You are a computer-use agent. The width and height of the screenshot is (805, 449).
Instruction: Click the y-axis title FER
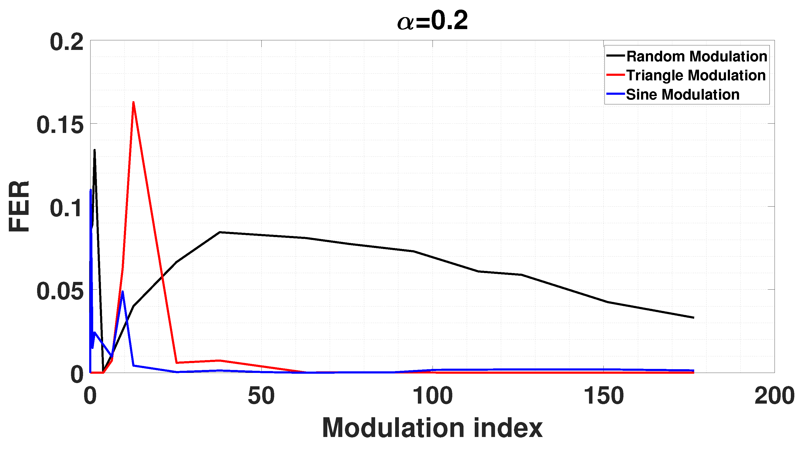19,206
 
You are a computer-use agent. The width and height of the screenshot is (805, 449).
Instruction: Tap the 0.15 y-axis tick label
60,125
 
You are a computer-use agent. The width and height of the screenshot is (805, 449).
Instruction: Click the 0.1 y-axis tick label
66,208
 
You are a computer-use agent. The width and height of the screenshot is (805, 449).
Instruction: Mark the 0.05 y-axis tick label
60,291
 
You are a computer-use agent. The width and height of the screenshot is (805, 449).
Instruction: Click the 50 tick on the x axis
261,396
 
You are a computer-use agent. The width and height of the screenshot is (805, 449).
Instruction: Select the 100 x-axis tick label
432,396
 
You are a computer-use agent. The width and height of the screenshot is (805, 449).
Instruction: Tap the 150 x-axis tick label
603,396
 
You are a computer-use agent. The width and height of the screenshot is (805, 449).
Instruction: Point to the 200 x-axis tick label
774,396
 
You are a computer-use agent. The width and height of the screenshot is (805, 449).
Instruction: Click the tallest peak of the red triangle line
133,103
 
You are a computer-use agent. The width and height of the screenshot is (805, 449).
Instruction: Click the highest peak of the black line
94,150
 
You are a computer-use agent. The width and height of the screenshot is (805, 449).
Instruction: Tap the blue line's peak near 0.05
123,292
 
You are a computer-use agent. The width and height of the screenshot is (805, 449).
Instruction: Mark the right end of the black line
693,317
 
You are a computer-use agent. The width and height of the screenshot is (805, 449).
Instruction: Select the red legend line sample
615,75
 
